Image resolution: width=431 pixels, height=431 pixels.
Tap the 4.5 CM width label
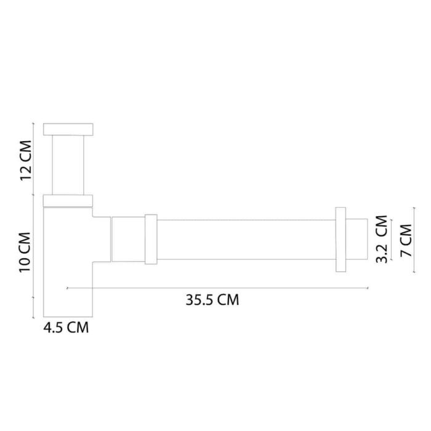[66, 328]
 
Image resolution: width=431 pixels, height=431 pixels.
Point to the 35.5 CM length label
[212, 300]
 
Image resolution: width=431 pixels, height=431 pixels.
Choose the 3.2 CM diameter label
[381, 239]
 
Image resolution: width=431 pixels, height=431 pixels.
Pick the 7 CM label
[406, 239]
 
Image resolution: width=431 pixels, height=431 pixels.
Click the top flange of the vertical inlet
[68, 129]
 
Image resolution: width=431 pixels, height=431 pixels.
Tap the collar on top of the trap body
[68, 199]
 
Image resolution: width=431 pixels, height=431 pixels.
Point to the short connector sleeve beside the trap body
[127, 238]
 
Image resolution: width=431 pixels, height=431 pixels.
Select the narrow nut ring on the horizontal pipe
[151, 239]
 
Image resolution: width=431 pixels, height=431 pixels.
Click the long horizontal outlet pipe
[246, 239]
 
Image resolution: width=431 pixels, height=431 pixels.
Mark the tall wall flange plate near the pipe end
[340, 240]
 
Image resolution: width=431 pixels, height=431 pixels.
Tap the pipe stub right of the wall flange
[357, 239]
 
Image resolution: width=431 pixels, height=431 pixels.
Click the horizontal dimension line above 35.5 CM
[216, 288]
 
